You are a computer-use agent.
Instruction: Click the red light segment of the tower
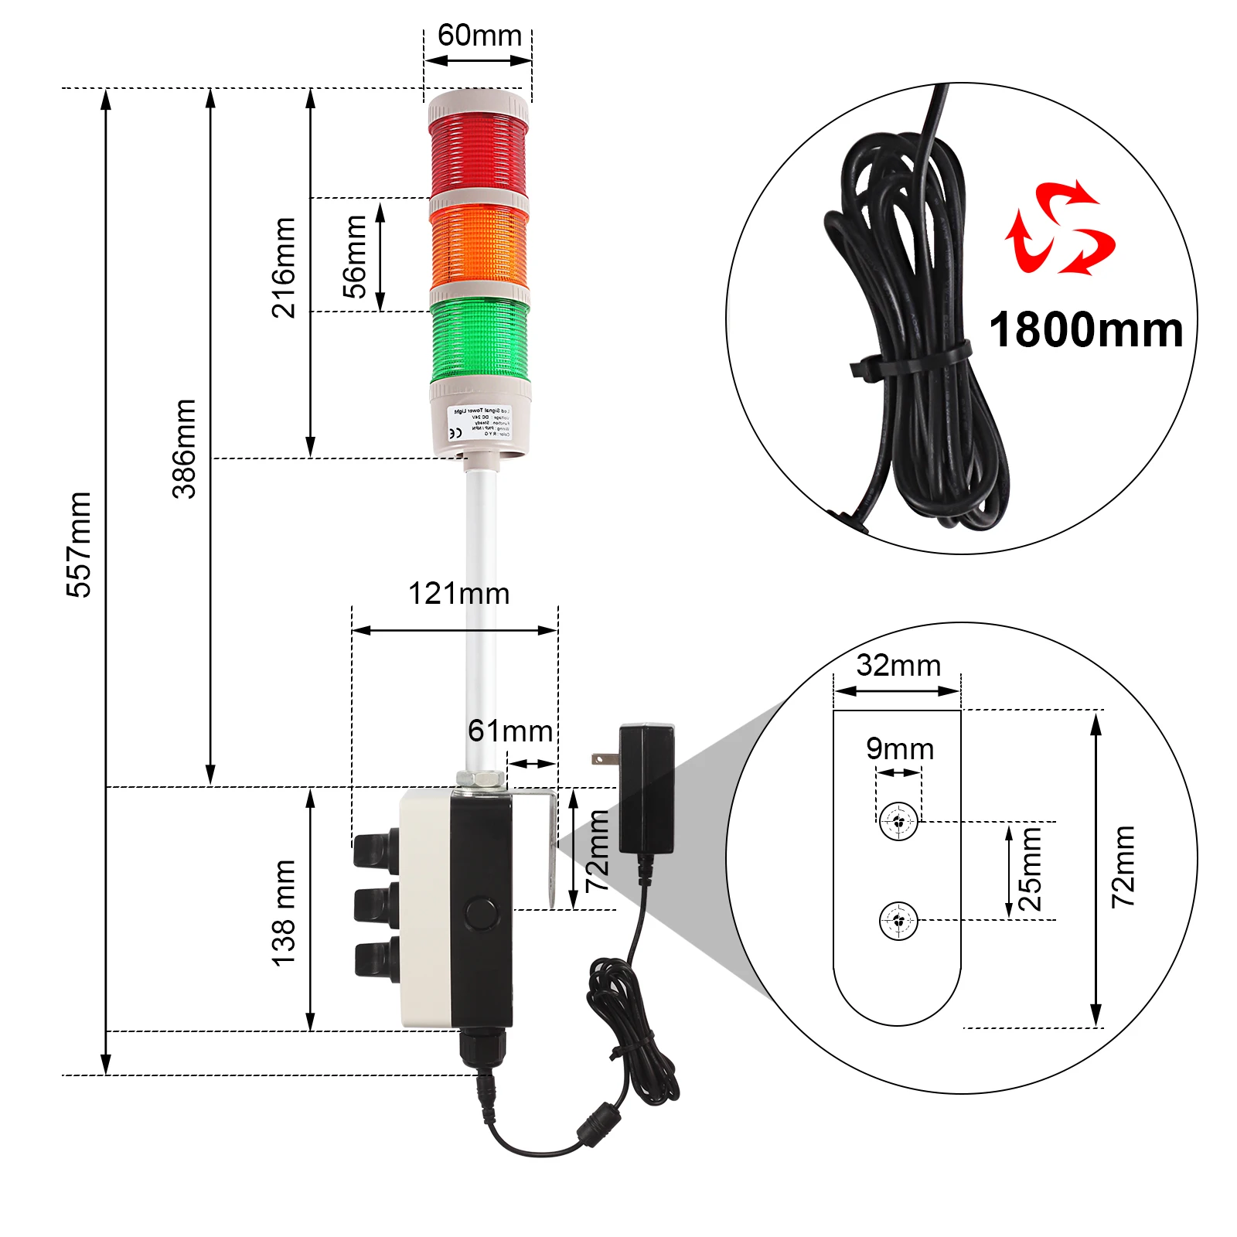pos(478,152)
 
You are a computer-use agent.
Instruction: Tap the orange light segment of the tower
pos(479,246)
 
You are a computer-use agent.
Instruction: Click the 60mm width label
pos(479,36)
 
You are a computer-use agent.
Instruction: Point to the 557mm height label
pos(79,544)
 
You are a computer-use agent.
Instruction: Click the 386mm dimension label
pos(184,448)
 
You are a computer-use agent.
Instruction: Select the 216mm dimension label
pos(284,268)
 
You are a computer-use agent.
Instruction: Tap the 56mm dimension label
pos(355,257)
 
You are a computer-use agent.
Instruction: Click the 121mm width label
pos(458,594)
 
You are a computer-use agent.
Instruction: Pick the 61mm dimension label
pos(510,731)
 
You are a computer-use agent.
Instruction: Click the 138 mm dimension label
pos(284,912)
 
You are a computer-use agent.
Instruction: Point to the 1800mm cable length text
pos(1085,330)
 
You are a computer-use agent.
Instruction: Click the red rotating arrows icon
pos(1059,228)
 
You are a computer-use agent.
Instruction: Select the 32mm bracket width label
pos(898,665)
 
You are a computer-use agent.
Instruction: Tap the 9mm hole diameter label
pos(900,748)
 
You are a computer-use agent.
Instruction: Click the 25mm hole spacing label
pos(1030,869)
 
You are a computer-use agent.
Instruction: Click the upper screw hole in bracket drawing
pos(898,821)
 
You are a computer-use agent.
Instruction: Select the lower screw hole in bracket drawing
pos(898,920)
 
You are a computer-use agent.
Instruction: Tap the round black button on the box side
pos(481,913)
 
